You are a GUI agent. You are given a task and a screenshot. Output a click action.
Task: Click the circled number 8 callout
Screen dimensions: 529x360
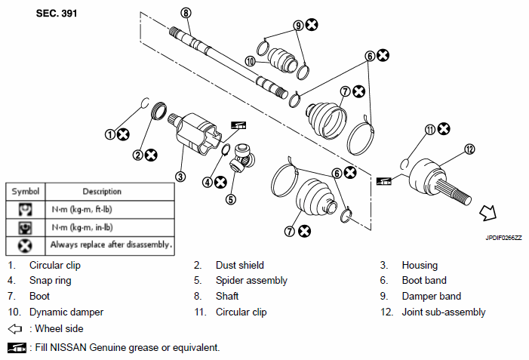(186, 13)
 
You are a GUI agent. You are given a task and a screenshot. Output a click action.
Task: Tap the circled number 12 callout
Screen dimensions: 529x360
(469, 149)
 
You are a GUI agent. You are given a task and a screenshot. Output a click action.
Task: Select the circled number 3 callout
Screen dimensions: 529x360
(180, 176)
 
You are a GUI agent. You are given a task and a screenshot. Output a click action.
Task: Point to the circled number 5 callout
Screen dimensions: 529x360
(230, 199)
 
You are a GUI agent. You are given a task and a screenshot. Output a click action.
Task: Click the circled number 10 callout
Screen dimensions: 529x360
(250, 61)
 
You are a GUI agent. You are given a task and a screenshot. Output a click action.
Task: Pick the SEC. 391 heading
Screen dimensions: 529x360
(57, 14)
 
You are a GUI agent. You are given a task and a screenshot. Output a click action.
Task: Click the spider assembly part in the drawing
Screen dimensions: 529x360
(242, 157)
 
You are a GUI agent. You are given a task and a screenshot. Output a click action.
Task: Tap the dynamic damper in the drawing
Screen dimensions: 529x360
(283, 60)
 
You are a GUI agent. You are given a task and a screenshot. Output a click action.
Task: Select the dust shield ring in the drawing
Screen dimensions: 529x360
(158, 111)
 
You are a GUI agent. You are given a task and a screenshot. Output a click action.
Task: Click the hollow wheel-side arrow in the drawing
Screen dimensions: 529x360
(488, 213)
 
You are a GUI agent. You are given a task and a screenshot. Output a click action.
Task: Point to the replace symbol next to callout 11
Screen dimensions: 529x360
(444, 128)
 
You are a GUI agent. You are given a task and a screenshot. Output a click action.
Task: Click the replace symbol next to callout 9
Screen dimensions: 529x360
(312, 25)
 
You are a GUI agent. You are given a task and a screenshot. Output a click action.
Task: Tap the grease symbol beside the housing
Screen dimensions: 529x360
(238, 125)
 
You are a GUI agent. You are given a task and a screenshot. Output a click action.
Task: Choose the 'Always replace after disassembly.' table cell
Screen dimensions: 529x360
(110, 245)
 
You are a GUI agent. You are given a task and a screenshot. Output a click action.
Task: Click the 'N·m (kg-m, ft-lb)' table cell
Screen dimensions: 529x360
(110, 210)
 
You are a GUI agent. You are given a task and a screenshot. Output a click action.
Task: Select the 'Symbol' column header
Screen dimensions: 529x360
(26, 192)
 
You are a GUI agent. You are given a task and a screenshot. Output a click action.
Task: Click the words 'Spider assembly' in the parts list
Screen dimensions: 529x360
(251, 281)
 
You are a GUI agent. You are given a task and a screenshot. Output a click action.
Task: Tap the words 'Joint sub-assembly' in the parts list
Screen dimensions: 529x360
(444, 312)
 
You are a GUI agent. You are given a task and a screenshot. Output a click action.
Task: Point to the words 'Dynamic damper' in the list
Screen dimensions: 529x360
(66, 312)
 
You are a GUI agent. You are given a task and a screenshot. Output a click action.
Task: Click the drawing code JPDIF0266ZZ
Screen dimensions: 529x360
(503, 238)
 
